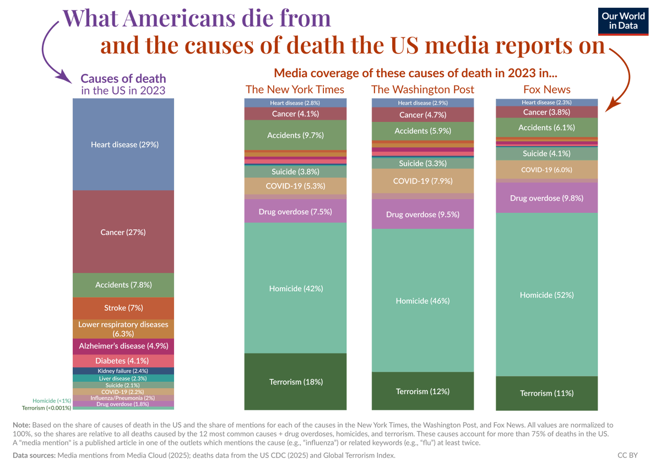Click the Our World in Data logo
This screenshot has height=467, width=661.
(623, 22)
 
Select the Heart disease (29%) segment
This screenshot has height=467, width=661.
(124, 144)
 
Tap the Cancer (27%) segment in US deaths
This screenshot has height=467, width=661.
(124, 232)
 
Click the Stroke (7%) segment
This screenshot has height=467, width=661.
(124, 308)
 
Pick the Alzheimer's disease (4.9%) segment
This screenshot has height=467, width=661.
(124, 346)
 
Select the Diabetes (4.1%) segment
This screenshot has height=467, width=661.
(124, 361)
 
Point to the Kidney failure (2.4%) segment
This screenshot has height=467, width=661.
(124, 371)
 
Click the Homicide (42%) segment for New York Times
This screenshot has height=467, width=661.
(295, 288)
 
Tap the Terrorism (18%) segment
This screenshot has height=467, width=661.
(295, 382)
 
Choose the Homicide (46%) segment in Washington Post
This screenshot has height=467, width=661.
(422, 300)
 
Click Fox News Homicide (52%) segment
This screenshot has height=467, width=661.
(547, 295)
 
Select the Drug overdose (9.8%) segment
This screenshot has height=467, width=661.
(547, 198)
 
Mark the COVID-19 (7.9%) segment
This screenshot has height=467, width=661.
(422, 181)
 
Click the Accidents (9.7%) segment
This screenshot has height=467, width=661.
(295, 135)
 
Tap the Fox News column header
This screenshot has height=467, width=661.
(547, 89)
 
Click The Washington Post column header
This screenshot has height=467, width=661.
(422, 89)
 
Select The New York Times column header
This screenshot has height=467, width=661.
(295, 89)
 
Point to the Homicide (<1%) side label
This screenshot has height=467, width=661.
(52, 401)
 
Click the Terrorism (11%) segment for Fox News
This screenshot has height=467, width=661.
(547, 393)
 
